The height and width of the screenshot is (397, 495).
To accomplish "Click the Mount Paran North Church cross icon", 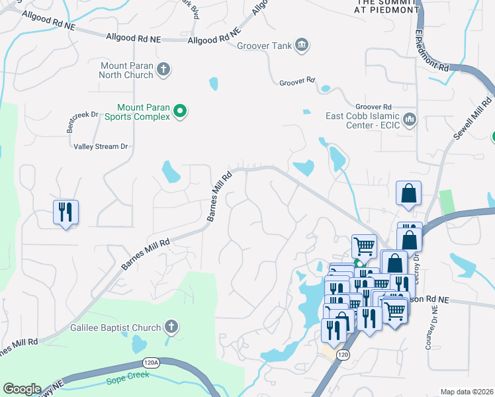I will click(x=164, y=69).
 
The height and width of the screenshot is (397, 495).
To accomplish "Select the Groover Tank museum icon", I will click(x=302, y=45).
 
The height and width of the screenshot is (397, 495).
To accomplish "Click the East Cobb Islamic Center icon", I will click(x=410, y=120).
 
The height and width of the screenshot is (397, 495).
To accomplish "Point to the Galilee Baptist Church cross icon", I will click(x=171, y=327).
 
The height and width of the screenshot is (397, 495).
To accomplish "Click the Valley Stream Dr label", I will click(x=101, y=146).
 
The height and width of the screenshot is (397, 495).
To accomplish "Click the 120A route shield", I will click(x=151, y=363).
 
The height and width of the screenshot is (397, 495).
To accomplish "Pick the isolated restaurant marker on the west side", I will click(x=66, y=212).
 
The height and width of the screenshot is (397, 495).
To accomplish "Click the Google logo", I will click(x=22, y=389).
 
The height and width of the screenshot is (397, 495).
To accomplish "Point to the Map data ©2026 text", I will click(x=467, y=392).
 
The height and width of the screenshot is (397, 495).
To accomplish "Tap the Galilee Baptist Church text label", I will click(x=116, y=328).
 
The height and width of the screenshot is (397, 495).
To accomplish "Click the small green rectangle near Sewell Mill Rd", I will click(x=448, y=202).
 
